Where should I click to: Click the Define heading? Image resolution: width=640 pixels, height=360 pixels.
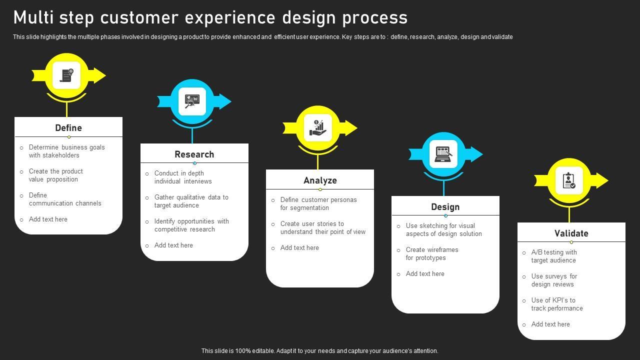click(68, 128)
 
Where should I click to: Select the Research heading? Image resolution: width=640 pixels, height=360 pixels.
click(194, 154)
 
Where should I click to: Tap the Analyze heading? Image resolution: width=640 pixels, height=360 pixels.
click(320, 180)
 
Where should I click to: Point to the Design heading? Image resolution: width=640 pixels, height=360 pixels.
click(445, 207)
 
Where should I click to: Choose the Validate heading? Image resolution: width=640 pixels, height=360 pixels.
click(571, 233)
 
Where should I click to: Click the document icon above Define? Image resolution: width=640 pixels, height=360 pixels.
click(66, 75)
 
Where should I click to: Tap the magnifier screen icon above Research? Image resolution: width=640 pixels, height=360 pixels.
click(192, 101)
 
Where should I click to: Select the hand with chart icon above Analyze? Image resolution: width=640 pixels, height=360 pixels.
click(318, 128)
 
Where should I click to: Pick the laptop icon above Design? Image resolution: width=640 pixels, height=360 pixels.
click(443, 154)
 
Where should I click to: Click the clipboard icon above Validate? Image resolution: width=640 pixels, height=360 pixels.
click(569, 180)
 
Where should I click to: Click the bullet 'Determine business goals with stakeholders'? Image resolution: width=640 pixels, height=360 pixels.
click(67, 151)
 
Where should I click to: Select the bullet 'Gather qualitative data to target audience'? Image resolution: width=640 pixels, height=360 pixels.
click(191, 201)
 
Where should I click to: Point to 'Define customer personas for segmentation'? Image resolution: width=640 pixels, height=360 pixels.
click(318, 203)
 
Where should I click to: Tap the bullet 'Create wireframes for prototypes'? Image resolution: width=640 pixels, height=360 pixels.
click(432, 253)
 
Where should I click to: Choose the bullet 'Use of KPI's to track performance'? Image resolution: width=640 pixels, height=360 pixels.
click(556, 304)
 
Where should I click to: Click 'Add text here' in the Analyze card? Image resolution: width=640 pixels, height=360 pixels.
click(299, 247)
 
